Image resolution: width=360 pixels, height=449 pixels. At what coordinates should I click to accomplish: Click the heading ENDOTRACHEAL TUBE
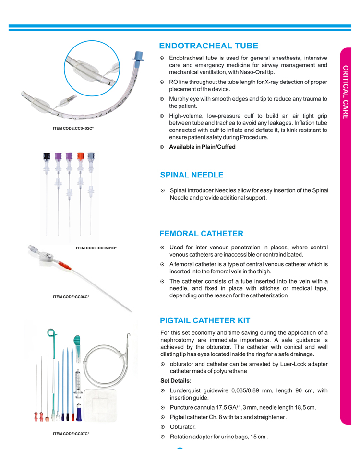click(208, 46)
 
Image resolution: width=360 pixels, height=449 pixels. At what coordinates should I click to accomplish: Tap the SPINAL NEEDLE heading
click(192, 175)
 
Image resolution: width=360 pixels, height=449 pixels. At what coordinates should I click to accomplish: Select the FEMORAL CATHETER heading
click(201, 234)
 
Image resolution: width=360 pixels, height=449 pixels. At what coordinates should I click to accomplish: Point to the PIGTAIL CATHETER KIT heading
click(204, 320)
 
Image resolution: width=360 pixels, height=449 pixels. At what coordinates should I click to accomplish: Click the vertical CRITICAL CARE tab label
click(346, 91)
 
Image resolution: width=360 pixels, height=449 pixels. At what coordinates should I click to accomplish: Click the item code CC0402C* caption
click(73, 128)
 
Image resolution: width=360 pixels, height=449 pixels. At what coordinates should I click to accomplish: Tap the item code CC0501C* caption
click(96, 248)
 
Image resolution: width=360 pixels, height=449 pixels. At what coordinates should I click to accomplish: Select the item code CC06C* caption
click(71, 297)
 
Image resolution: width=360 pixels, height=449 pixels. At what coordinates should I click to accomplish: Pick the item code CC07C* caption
click(71, 434)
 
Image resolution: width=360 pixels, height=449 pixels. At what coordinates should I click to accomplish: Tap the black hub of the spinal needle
click(47, 156)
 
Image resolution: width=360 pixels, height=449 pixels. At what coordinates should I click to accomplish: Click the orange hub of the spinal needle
click(81, 156)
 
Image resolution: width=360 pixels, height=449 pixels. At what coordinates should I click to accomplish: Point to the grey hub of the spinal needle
click(91, 156)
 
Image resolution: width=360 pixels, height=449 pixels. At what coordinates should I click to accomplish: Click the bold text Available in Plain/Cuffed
click(202, 147)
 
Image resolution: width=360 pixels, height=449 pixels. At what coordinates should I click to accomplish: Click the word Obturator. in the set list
click(183, 426)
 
